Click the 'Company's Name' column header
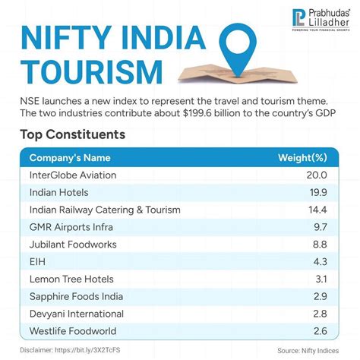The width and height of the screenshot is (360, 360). point(69,158)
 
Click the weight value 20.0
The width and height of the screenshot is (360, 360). point(317,174)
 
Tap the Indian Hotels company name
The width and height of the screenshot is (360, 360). point(58,191)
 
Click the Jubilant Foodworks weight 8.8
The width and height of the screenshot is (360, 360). point(319,244)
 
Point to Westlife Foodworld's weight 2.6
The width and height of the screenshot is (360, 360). point(319,331)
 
